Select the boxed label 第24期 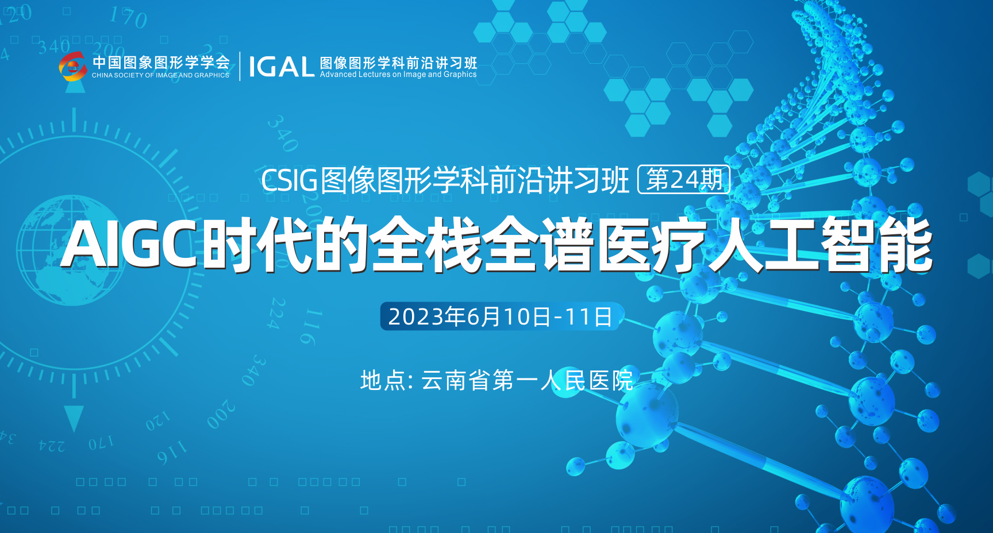(684, 180)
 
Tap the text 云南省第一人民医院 (527, 380)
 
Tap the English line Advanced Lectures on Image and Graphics (398, 75)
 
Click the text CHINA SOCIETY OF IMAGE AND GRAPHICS (160, 75)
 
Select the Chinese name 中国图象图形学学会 (161, 62)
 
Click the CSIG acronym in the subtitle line (289, 180)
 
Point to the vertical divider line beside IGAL (240, 67)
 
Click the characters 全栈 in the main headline (425, 245)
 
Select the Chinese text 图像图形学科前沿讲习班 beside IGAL (398, 62)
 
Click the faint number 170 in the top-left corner (128, 17)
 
